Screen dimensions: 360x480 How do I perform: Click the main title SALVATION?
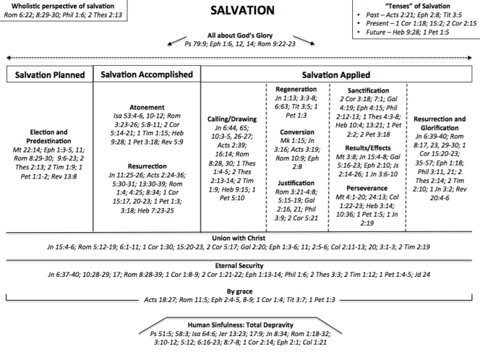coord(242,11)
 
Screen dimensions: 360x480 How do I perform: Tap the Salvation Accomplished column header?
coord(147,74)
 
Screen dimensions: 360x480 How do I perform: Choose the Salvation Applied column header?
coord(338,74)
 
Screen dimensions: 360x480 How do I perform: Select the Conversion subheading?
coord(296,132)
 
